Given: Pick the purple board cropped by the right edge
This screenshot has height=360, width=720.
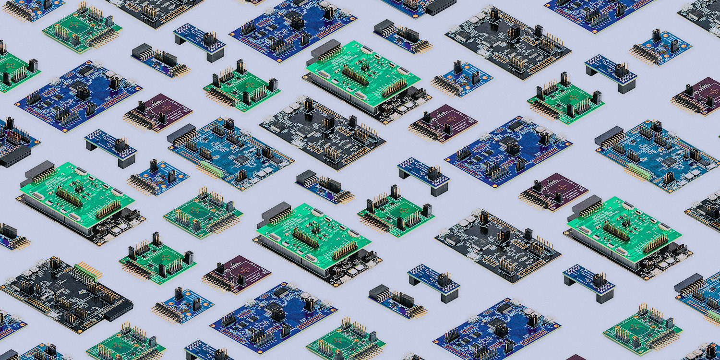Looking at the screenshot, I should pyautogui.click(x=698, y=96).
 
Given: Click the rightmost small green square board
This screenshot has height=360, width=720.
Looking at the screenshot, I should pyautogui.click(x=643, y=331).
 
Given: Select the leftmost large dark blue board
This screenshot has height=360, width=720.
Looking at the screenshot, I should pyautogui.click(x=77, y=96).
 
